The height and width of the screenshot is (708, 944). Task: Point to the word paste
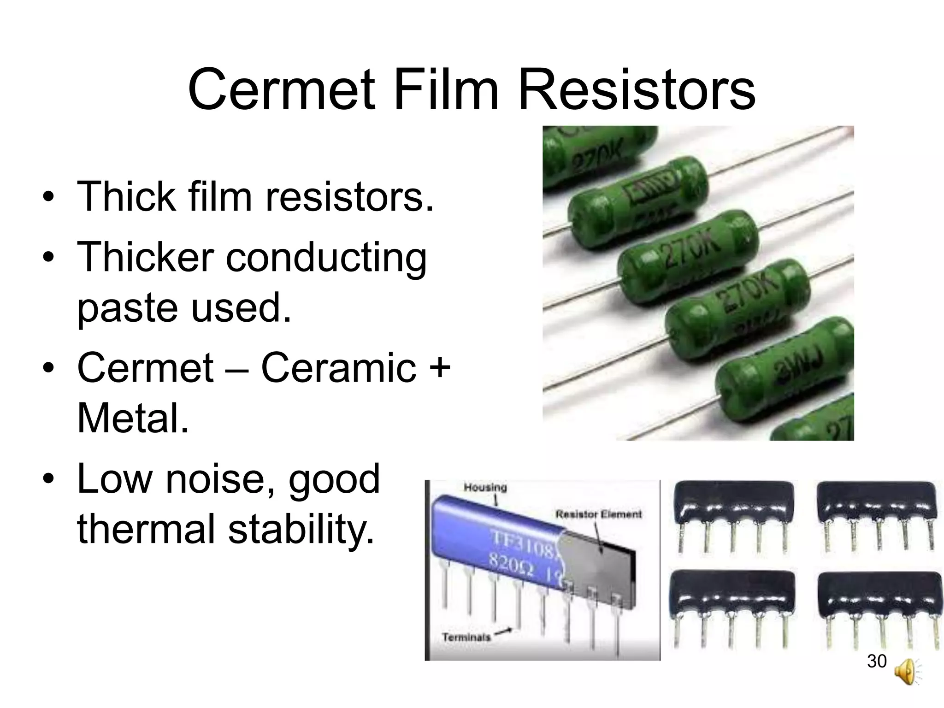[x=127, y=307]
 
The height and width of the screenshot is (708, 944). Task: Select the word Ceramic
[x=339, y=367]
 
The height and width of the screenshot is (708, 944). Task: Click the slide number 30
[x=877, y=661]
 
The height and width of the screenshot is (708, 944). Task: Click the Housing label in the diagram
[x=485, y=487]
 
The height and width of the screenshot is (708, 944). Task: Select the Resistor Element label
[x=598, y=514]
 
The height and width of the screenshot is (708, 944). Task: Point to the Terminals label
[x=466, y=637]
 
